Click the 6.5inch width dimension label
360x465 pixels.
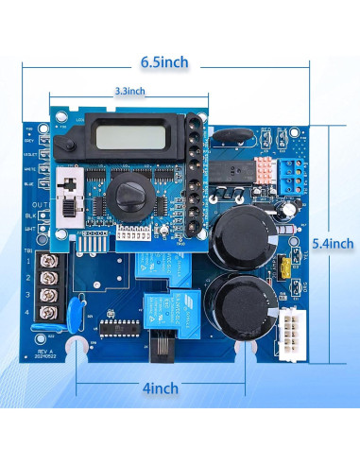[164, 62]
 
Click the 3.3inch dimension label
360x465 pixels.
[129, 91]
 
